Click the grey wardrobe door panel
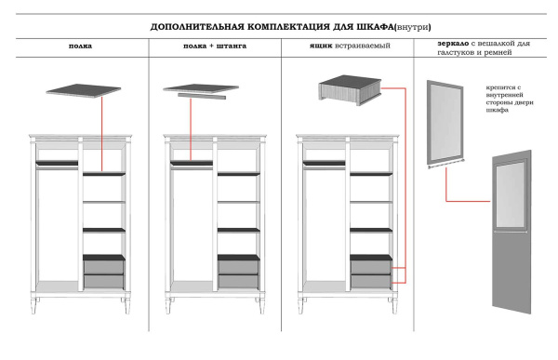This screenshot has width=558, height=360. pyautogui.click(x=515, y=251)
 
